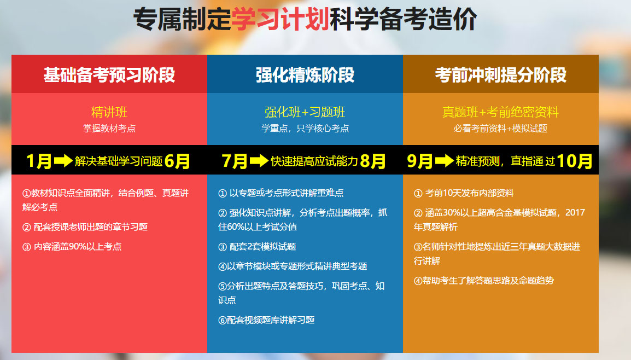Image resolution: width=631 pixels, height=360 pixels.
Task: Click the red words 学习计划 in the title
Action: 280,19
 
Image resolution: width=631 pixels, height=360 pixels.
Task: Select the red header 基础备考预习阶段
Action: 109,75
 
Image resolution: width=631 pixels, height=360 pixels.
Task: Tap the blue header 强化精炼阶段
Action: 305,75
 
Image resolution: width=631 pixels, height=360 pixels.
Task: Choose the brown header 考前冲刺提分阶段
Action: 501,75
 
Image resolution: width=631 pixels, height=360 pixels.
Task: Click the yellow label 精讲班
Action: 109,112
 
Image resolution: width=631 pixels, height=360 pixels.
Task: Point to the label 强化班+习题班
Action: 305,112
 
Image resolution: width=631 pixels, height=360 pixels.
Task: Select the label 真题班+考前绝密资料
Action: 500,112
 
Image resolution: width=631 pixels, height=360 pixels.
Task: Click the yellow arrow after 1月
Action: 63,161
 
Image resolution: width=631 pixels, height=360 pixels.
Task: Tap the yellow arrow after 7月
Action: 259,161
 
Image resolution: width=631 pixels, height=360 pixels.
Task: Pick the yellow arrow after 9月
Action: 445,161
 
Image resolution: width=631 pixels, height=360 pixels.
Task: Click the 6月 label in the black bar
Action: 177,161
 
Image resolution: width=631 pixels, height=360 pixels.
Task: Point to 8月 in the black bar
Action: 373,161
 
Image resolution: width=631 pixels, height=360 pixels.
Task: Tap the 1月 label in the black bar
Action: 39,161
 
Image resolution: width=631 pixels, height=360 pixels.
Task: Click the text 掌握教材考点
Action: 109,129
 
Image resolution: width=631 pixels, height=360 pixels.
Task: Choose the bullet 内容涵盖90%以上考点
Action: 72,246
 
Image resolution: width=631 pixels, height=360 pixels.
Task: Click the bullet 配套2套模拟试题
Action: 257,246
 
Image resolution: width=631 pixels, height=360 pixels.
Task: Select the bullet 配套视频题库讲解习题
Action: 266,320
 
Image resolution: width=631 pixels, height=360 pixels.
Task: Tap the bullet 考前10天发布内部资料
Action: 464,193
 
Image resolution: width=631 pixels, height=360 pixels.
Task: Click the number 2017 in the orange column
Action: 575,212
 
